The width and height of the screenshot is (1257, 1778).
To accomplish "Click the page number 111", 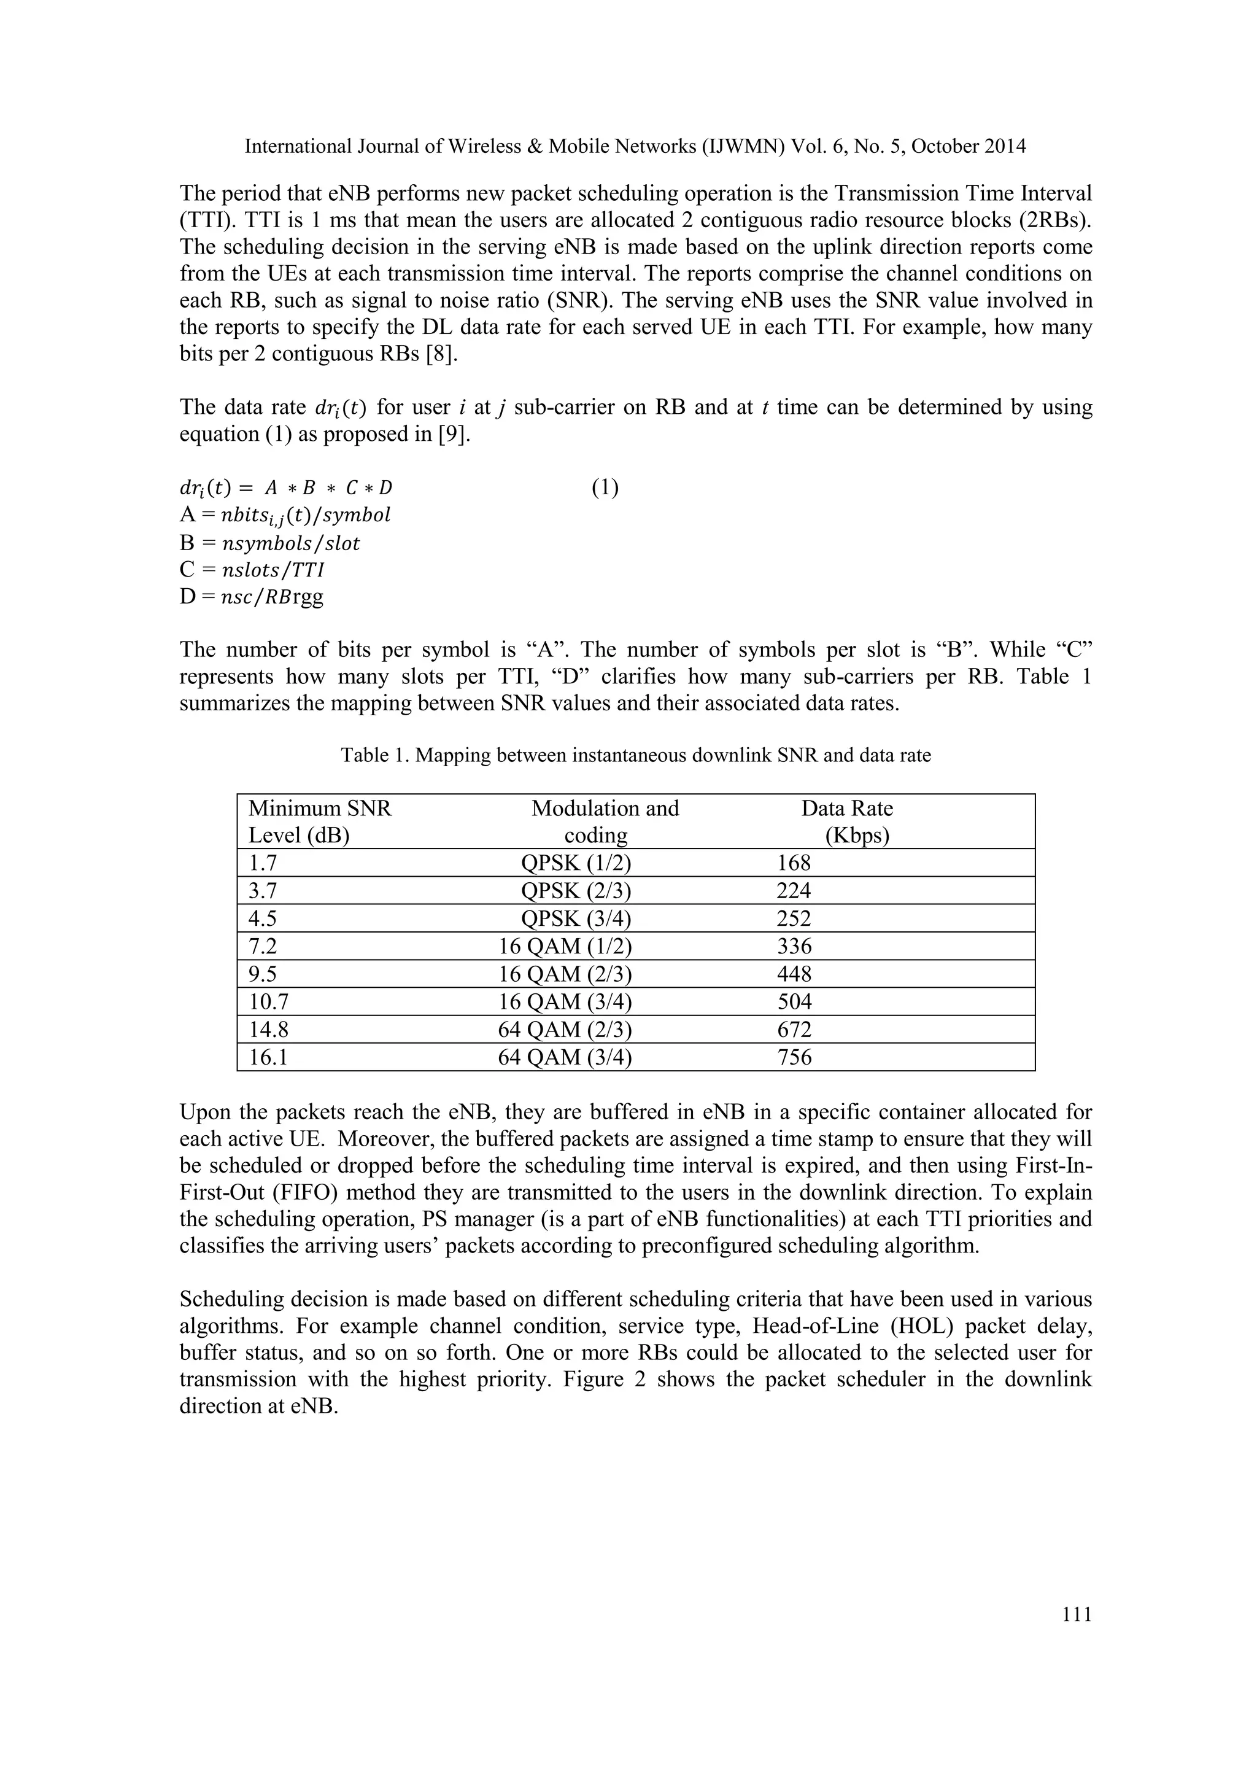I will click(x=1077, y=1615).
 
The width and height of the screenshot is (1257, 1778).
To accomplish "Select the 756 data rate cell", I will click(x=794, y=1057).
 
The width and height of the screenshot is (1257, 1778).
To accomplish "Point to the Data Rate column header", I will click(x=847, y=821).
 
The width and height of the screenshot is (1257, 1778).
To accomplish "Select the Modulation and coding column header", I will click(x=605, y=821).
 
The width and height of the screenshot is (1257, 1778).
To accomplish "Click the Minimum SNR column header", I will click(x=320, y=821).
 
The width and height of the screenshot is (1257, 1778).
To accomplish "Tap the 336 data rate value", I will click(x=794, y=946).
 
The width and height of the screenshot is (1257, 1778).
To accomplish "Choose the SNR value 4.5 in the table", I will click(x=263, y=918).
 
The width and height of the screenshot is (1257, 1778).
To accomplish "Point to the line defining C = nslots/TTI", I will click(x=252, y=570).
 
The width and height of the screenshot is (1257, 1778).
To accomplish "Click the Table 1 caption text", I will click(x=635, y=755).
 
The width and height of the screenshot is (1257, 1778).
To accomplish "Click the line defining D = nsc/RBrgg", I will click(x=252, y=597).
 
